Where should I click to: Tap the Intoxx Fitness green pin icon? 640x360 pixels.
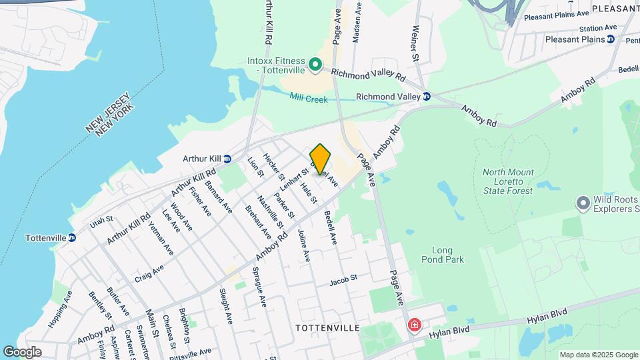tap(315, 65)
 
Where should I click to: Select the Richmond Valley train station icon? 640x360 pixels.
tap(427, 97)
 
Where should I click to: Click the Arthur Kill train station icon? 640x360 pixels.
tap(227, 159)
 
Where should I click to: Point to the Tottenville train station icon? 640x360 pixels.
tap(71, 238)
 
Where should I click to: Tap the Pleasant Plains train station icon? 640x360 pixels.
tap(610, 39)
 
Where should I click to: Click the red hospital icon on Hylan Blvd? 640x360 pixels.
tap(415, 325)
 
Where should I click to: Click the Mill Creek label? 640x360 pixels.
tap(309, 99)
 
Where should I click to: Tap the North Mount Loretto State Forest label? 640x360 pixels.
tap(508, 181)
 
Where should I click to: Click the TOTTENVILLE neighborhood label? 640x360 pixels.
tap(327, 328)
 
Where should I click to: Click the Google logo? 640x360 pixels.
tap(22, 352)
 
